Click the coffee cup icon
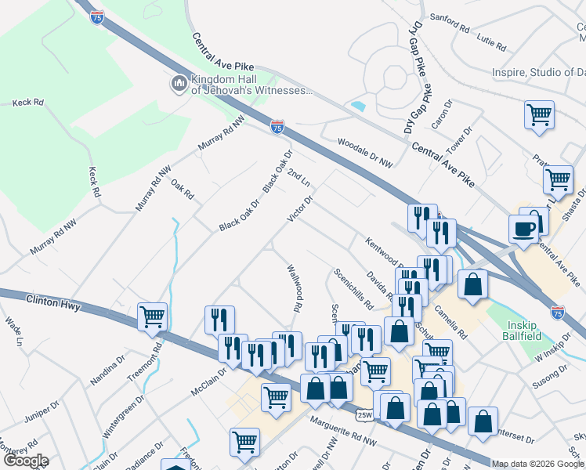pyautogui.click(x=523, y=229)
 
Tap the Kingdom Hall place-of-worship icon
pyautogui.click(x=179, y=83)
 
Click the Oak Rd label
pyautogui.click(x=182, y=189)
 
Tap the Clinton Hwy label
pyautogui.click(x=52, y=302)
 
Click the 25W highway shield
pyautogui.click(x=364, y=414)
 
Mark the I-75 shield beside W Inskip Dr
pyautogui.click(x=558, y=312)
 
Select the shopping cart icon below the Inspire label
pyautogui.click(x=539, y=114)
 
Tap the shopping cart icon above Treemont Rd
pyautogui.click(x=152, y=316)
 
